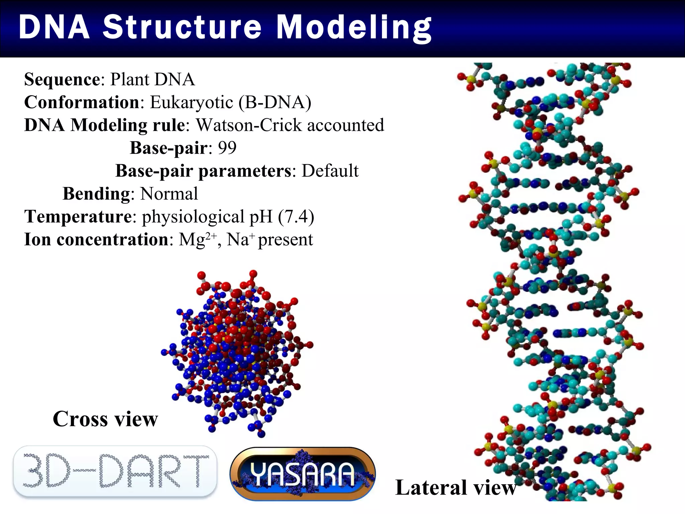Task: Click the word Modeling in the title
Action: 354,27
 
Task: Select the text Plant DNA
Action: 153,80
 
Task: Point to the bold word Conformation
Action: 82,102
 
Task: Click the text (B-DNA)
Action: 275,102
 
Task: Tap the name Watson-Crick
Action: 249,125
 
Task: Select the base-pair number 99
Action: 227,148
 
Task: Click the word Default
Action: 330,171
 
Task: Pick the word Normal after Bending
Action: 169,194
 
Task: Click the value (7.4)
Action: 296,217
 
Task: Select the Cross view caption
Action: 105,419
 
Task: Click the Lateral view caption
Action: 456,488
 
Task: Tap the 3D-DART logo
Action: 115,471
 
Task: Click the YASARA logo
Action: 303,474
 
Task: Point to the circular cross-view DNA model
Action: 237,353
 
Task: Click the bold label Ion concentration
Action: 96,240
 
